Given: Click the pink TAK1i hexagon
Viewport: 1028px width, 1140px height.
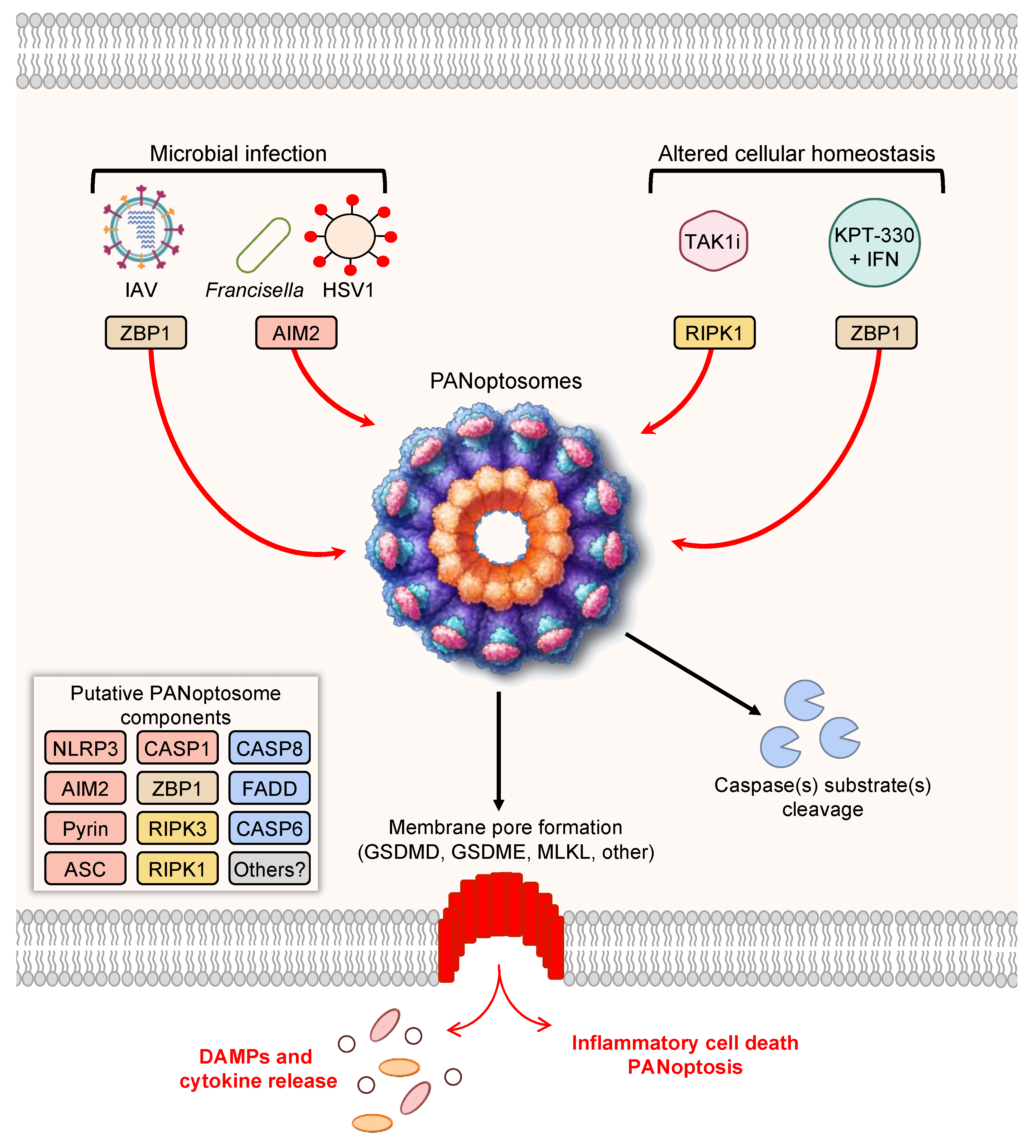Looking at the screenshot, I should coord(713,241).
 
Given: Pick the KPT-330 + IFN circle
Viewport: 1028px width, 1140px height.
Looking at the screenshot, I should coord(874,243).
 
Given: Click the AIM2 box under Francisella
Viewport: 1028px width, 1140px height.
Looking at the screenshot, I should coord(296,333).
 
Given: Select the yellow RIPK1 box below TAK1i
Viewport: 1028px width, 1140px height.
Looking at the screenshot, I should coord(714,333).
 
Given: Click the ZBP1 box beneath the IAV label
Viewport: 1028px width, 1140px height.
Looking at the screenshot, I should coord(146,333).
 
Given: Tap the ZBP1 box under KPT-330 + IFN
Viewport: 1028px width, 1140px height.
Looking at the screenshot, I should coord(876,333).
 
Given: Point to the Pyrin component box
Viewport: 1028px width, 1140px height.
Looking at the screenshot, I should coord(85,828).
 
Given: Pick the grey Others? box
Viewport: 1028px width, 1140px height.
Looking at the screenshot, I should coord(269,868).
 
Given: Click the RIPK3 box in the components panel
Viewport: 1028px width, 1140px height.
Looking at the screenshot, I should coord(177,828).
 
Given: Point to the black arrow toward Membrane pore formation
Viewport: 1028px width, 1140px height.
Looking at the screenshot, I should coord(499,751).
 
